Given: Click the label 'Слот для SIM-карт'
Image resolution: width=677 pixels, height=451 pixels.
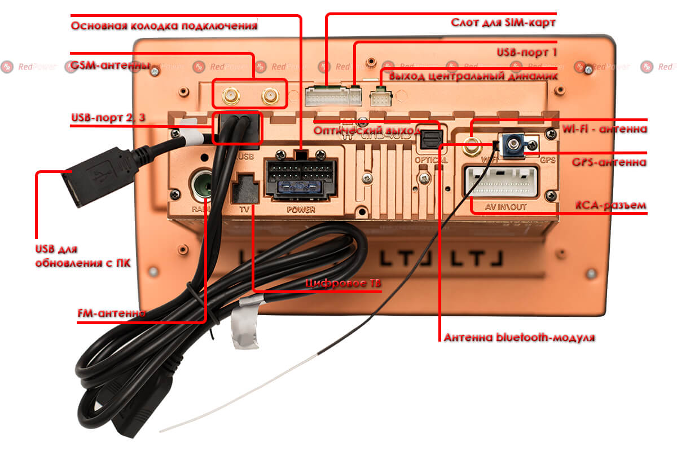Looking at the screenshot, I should click(x=503, y=23).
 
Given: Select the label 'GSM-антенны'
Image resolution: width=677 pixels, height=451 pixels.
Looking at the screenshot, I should click(x=109, y=65).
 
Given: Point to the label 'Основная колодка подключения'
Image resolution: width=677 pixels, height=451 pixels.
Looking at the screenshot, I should click(x=164, y=25).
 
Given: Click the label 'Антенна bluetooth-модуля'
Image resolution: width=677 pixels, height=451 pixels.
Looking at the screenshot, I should click(x=520, y=338).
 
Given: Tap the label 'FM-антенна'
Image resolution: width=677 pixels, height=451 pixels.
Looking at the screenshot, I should click(x=111, y=312).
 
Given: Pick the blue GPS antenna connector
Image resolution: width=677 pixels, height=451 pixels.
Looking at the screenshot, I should click(x=515, y=144).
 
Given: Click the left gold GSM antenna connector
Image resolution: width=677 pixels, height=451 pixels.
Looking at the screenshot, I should click(x=230, y=96).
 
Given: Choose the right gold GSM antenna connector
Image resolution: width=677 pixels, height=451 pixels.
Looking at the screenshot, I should click(x=271, y=96).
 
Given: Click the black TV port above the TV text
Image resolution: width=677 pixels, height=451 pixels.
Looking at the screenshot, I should click(x=245, y=188).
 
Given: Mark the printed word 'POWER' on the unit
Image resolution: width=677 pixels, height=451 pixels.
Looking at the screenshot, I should click(x=301, y=209).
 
